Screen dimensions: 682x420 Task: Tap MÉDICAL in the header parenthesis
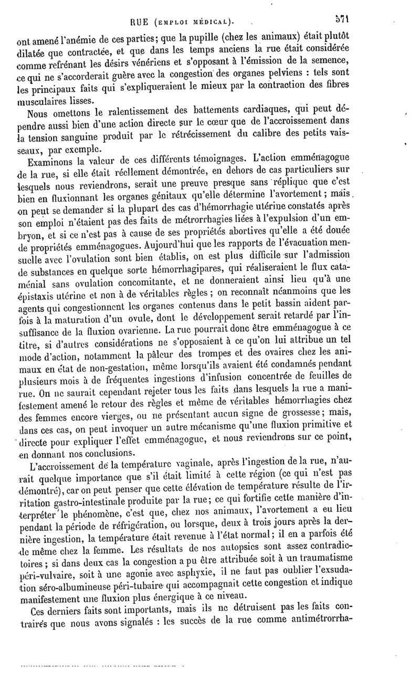click(x=212, y=22)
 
